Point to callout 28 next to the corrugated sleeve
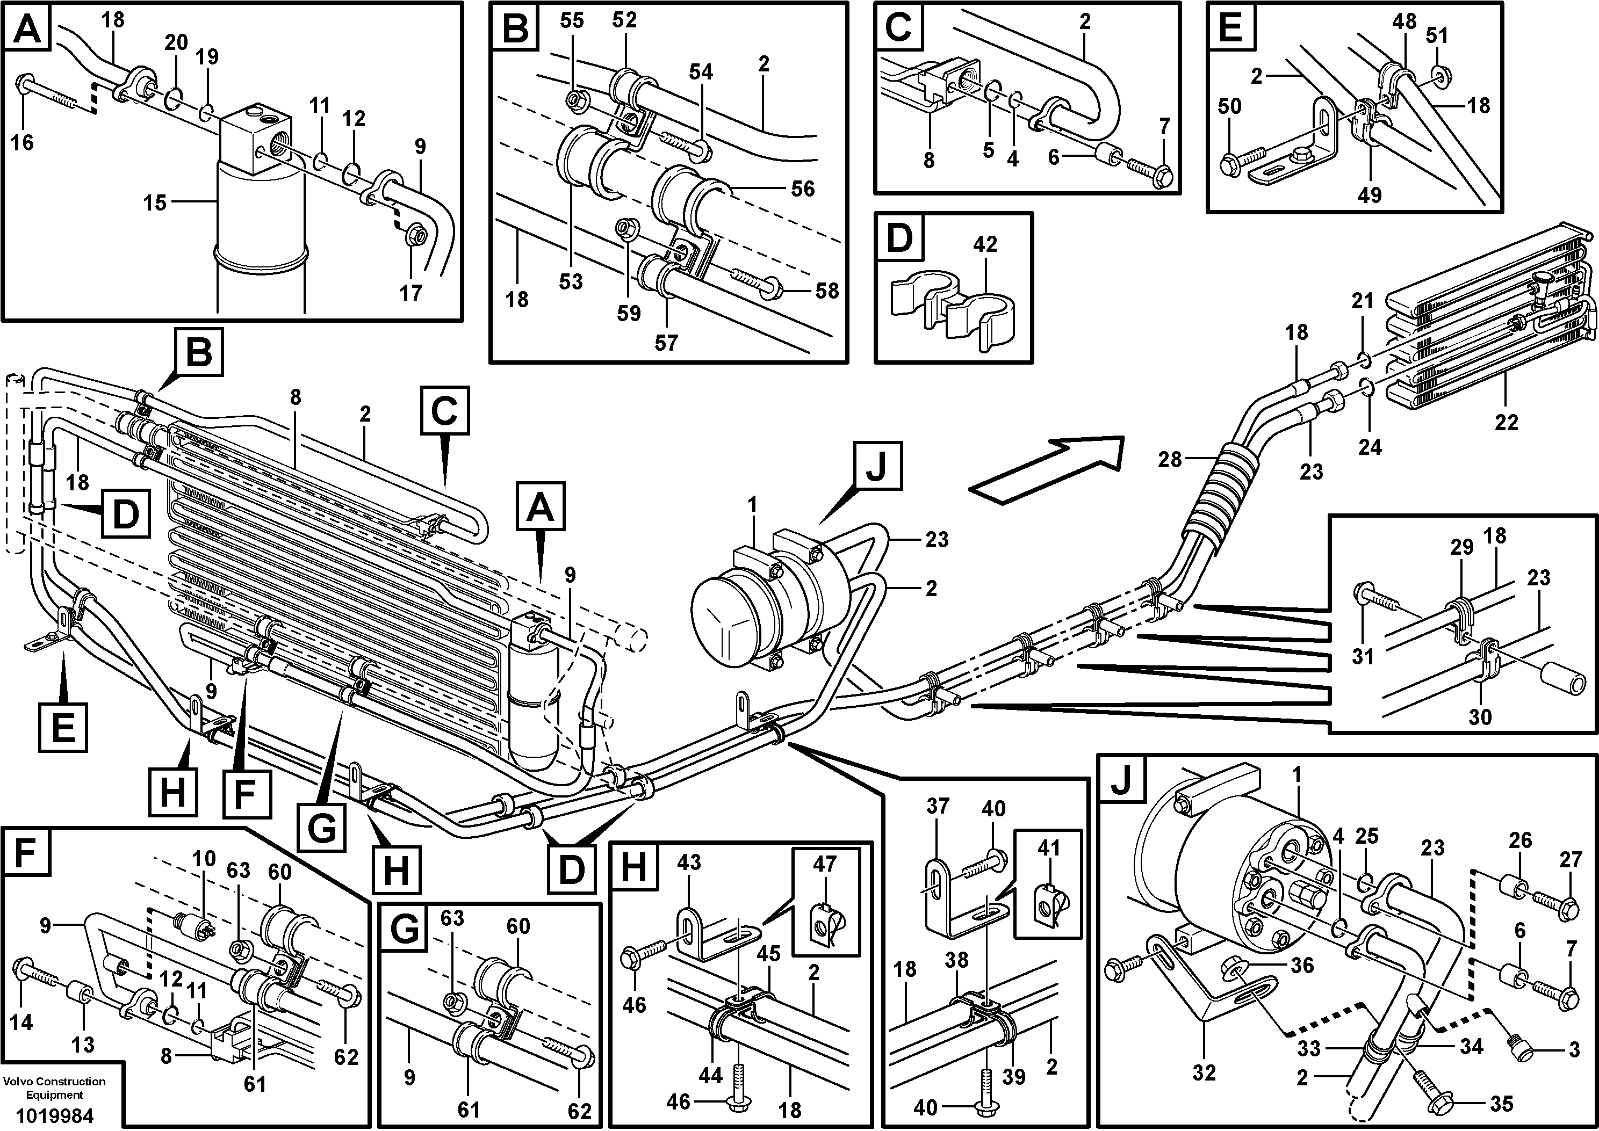coord(1170,460)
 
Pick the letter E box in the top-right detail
coord(1231,28)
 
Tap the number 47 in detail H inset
coord(824,865)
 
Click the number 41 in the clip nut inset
coord(1049,849)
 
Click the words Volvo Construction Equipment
coord(54,1089)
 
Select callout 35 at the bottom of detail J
coord(1501,1103)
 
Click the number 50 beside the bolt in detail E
coord(1230,106)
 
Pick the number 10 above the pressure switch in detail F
coord(204,859)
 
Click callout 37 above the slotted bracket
coord(938,807)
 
